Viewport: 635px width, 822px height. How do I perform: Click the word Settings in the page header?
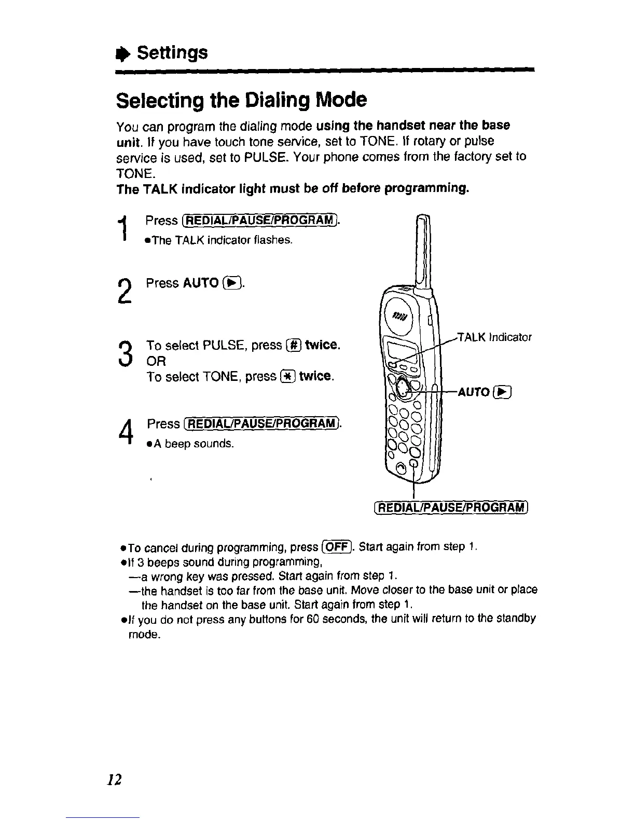[172, 52]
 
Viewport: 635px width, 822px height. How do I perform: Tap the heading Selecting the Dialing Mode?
[241, 100]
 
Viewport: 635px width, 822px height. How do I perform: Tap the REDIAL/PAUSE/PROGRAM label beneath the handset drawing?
[450, 506]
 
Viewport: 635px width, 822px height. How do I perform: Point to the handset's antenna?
[425, 249]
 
